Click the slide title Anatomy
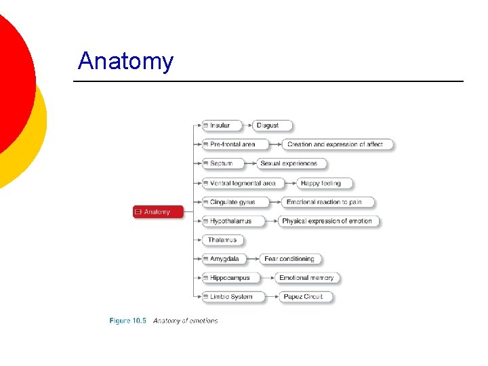click(125, 61)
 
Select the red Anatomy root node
click(158, 212)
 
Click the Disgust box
click(272, 125)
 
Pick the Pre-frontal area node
click(234, 144)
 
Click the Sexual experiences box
click(291, 163)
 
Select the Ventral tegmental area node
click(243, 183)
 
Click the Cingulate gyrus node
click(234, 202)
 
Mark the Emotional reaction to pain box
click(327, 202)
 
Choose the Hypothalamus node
click(232, 221)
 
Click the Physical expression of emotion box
click(328, 221)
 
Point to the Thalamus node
click(222, 240)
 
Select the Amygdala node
click(226, 259)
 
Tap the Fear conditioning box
click(290, 259)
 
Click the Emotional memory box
click(306, 278)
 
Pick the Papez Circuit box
click(305, 297)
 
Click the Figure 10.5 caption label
click(127, 321)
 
